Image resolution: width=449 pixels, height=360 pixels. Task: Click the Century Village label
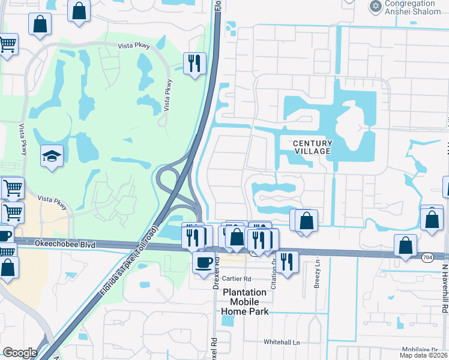tap(312, 147)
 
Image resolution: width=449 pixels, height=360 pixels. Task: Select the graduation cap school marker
tap(52, 158)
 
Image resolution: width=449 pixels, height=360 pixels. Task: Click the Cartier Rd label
tap(236, 278)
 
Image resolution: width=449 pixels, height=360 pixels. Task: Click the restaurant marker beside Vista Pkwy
tap(194, 64)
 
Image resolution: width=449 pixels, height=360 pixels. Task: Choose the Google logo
tap(20, 353)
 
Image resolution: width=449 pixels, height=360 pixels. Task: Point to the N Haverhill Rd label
tap(445, 282)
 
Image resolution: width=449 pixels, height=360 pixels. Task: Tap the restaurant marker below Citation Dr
tap(288, 262)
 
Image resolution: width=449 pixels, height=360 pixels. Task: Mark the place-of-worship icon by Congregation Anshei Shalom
tap(376, 6)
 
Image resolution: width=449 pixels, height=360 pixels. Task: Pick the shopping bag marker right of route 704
tap(406, 245)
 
